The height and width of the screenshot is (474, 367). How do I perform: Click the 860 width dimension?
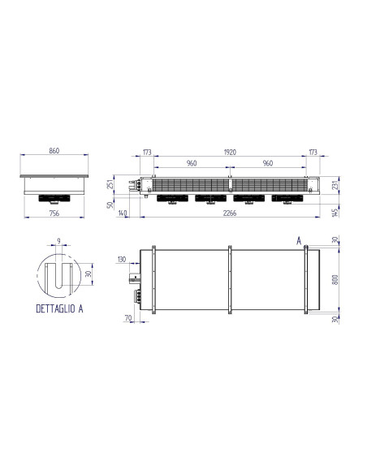pyautogui.click(x=54, y=151)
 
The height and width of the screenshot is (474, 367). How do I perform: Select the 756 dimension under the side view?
pyautogui.click(x=54, y=213)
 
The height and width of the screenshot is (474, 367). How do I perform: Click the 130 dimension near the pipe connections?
pyautogui.click(x=123, y=260)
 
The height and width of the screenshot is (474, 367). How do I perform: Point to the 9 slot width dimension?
pyautogui.click(x=58, y=240)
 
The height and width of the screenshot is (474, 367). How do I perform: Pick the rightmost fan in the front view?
pyautogui.click(x=286, y=199)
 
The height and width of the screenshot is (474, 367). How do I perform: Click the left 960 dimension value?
pyautogui.click(x=192, y=163)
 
